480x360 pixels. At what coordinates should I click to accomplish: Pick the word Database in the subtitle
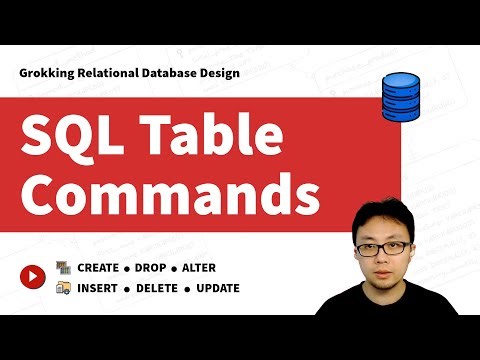184,73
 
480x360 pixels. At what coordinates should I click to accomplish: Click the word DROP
152,268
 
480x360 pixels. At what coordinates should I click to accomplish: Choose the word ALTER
199,268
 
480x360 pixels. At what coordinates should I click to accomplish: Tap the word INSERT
97,288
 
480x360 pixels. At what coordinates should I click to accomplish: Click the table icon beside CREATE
63,268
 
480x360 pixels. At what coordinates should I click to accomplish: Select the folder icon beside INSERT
63,288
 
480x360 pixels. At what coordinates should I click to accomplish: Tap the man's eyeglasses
389,247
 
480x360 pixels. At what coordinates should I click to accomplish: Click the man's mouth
391,274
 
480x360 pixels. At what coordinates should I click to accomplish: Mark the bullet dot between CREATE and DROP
128,268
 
